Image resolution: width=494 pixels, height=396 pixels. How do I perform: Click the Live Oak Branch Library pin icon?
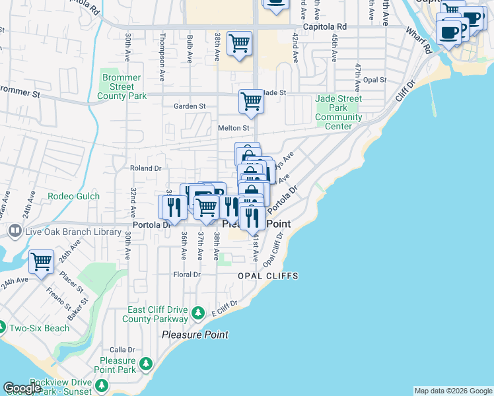(14, 231)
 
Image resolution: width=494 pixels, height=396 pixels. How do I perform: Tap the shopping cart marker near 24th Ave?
(42, 261)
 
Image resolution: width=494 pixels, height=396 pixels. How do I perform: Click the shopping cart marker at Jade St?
(251, 102)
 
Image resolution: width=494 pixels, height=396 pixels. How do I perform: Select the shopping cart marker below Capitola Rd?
(239, 44)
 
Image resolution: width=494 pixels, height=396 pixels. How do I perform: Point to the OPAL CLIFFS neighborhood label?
(268, 276)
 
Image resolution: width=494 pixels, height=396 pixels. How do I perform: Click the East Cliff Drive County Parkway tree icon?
(197, 312)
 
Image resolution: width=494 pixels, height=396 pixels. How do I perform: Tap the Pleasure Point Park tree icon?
(145, 364)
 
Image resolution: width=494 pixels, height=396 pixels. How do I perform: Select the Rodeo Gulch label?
(73, 196)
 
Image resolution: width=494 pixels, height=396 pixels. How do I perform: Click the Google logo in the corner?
(22, 389)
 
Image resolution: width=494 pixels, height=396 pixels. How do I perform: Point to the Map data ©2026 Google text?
(452, 391)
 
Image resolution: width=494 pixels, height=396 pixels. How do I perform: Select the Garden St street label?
(190, 106)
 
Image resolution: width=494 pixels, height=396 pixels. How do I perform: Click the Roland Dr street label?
(145, 168)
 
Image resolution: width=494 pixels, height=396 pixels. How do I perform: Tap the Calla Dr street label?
(122, 350)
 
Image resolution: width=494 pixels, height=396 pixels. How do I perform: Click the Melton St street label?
(232, 128)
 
